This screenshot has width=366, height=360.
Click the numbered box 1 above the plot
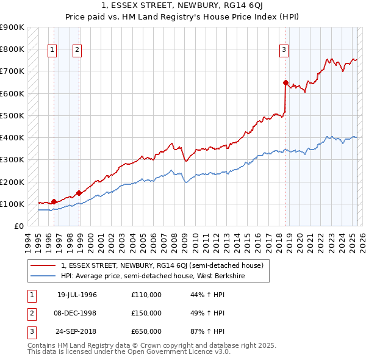(52, 51)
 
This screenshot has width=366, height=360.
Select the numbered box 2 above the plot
(77, 51)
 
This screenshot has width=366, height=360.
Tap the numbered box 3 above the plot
(284, 51)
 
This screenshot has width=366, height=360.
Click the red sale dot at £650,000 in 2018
(285, 82)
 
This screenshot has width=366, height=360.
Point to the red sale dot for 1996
(54, 201)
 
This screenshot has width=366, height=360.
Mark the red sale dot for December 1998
(79, 193)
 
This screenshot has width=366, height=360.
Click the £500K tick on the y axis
(13, 115)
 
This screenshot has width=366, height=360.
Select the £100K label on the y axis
(13, 204)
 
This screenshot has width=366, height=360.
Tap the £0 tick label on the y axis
(19, 226)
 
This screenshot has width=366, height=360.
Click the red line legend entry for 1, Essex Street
(162, 265)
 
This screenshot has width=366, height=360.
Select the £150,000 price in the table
(146, 313)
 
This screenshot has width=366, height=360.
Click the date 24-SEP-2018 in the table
(77, 331)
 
